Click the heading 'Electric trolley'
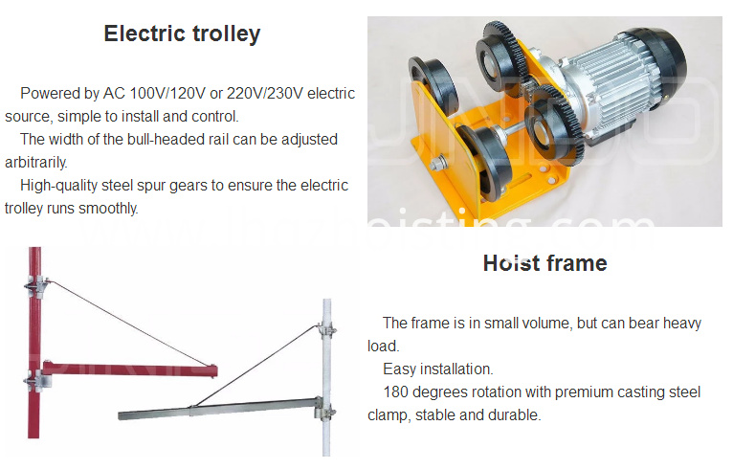tap(183, 34)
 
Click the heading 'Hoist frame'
tap(545, 263)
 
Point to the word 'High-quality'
tap(59, 186)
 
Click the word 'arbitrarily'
tap(35, 163)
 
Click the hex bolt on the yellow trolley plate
tap(438, 164)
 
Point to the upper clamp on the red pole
tap(36, 286)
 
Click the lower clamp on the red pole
tap(36, 379)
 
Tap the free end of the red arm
tap(214, 370)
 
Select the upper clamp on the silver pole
tap(327, 327)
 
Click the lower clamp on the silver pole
tap(325, 409)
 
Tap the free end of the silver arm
tap(121, 415)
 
